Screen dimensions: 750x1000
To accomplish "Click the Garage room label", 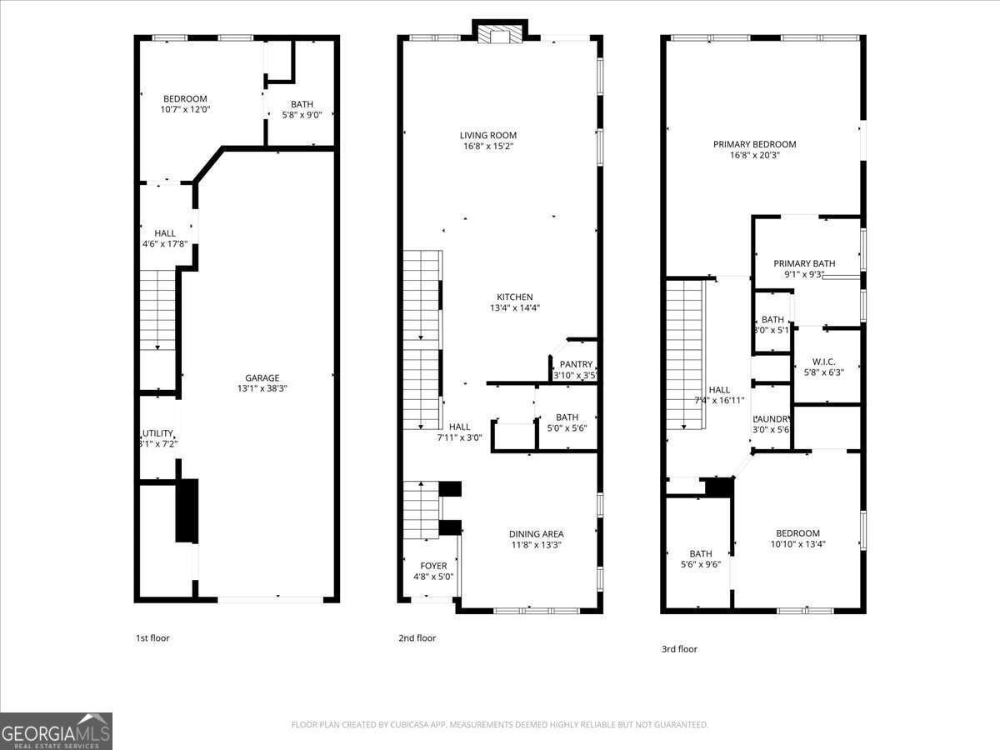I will tap(262, 377).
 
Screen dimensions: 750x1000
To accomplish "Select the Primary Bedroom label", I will tap(754, 144).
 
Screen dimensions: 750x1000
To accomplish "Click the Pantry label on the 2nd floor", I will tap(576, 364).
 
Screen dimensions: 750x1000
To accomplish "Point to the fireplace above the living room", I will tap(500, 34).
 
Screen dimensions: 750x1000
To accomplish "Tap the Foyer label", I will tap(432, 566).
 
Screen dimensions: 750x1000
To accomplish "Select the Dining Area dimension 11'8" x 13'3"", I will tap(536, 545).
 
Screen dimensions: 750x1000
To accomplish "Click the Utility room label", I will tap(157, 433).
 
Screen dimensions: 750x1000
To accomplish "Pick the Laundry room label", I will tap(771, 419).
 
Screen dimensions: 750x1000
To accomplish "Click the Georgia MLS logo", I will tap(56, 731).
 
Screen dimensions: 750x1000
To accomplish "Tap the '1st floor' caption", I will tap(152, 638).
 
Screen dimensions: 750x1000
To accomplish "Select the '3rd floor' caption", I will tap(678, 649).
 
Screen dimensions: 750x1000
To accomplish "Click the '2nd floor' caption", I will tap(417, 638).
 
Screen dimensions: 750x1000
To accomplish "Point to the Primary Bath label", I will tap(803, 263).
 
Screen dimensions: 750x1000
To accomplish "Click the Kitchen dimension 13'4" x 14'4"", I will tap(514, 308).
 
